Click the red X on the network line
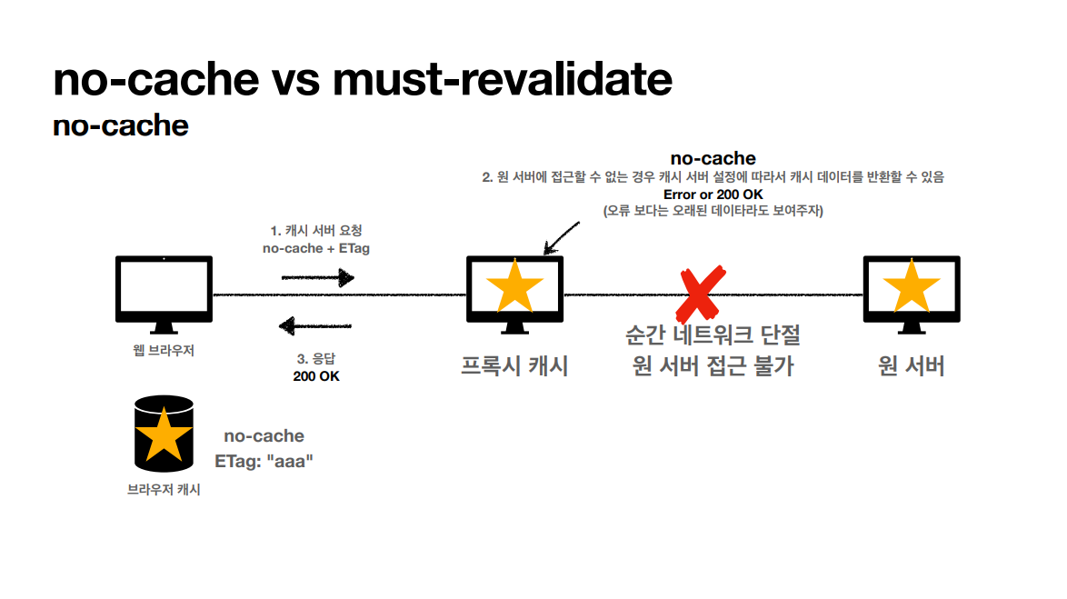pyautogui.click(x=701, y=295)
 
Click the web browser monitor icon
pyautogui.click(x=164, y=295)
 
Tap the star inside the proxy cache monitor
pyautogui.click(x=515, y=286)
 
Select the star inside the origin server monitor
pyautogui.click(x=912, y=286)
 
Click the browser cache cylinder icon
pyautogui.click(x=164, y=434)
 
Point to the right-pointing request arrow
pyautogui.click(x=318, y=278)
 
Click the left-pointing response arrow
pyautogui.click(x=315, y=326)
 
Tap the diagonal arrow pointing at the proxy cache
pyautogui.click(x=562, y=238)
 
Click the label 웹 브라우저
pyautogui.click(x=164, y=351)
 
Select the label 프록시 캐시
pyautogui.click(x=514, y=366)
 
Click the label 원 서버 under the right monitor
pyautogui.click(x=912, y=366)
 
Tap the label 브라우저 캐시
pyautogui.click(x=164, y=489)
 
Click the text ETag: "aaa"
pyautogui.click(x=264, y=462)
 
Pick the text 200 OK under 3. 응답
pyautogui.click(x=316, y=376)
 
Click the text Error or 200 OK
pyautogui.click(x=713, y=195)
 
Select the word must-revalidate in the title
pyautogui.click(x=503, y=79)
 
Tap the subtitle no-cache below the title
pyautogui.click(x=121, y=125)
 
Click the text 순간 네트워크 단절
pyautogui.click(x=713, y=334)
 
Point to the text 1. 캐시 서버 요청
pyautogui.click(x=316, y=231)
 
